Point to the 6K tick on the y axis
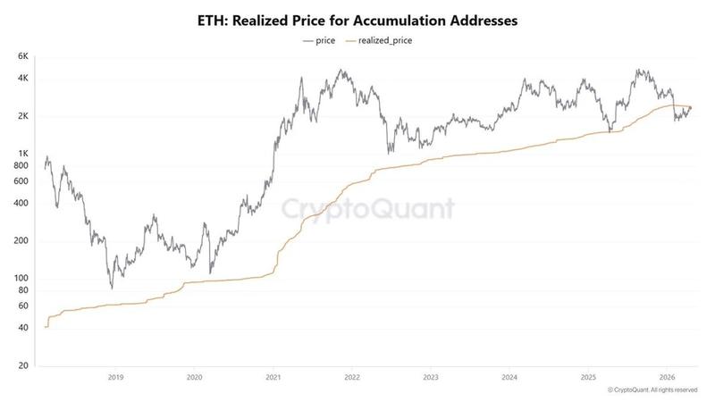[24, 56]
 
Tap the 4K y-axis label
[24, 79]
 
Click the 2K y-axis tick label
[24, 116]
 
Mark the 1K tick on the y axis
[24, 154]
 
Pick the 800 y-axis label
[23, 165]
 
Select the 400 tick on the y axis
[23, 203]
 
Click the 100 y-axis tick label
[23, 278]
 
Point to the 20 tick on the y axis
[25, 365]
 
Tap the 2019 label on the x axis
[115, 378]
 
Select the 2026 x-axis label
[666, 378]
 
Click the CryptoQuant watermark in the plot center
[368, 209]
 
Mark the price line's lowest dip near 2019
[112, 288]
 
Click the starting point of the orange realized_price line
[44, 327]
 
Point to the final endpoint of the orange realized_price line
[690, 108]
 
